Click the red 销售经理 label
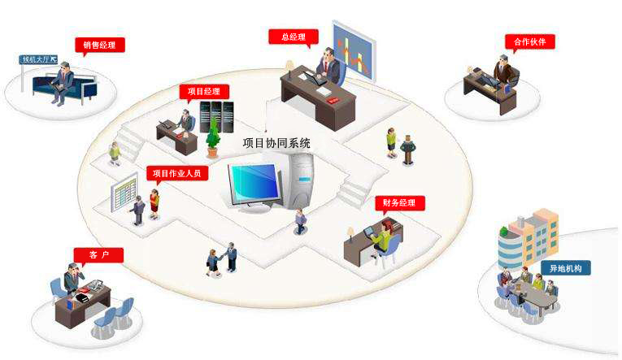click(100, 45)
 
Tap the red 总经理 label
click(294, 37)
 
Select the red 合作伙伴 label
click(529, 41)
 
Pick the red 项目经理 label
click(204, 91)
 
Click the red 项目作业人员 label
click(177, 173)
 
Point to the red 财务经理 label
click(400, 202)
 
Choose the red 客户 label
click(98, 255)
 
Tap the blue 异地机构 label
click(566, 268)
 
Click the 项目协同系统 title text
click(276, 143)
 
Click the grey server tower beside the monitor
click(302, 180)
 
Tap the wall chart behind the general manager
click(353, 50)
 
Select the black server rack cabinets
click(216, 117)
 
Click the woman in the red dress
click(154, 203)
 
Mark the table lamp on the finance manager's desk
click(350, 234)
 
